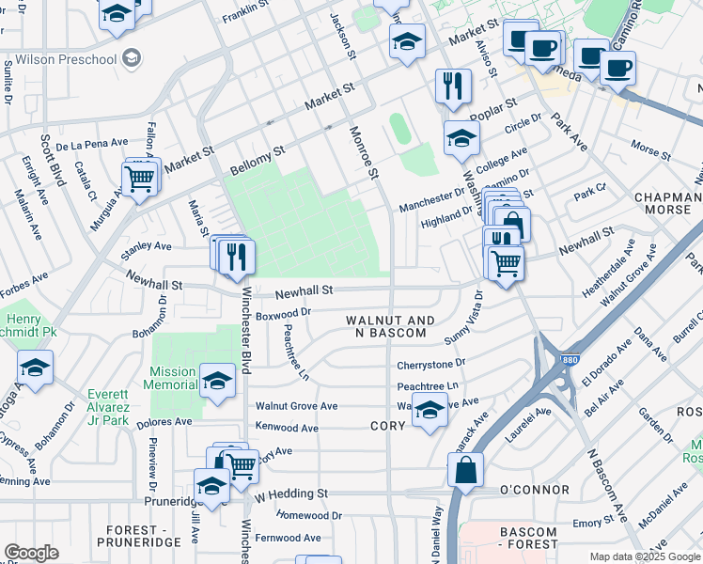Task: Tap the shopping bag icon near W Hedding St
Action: (465, 469)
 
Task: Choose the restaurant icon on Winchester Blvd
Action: (236, 256)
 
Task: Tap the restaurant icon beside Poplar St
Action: (453, 86)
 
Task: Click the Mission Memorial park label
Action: (172, 378)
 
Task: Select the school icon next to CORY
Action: (430, 410)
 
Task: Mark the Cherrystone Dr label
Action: (430, 363)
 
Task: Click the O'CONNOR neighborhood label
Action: (534, 490)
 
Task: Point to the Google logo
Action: (31, 553)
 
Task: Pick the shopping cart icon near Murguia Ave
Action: (139, 176)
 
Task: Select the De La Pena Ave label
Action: (91, 144)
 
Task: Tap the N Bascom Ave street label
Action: (606, 486)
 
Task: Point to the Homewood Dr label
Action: (309, 515)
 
